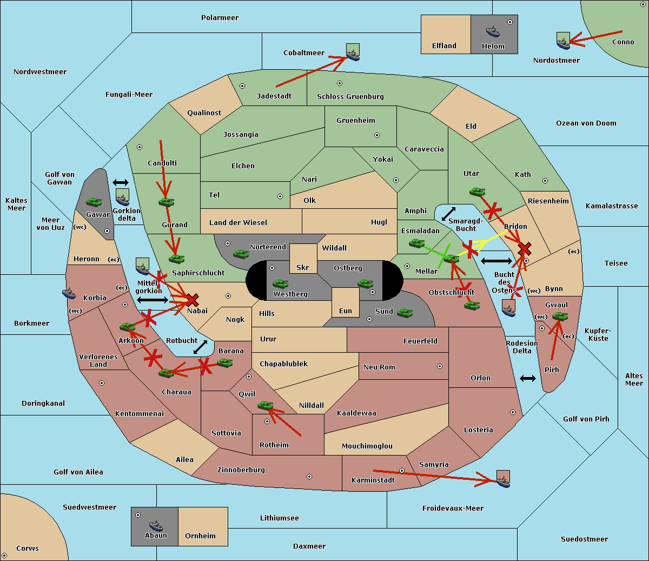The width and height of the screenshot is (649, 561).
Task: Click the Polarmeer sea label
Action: (220, 18)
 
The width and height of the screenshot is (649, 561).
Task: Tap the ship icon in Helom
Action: (492, 31)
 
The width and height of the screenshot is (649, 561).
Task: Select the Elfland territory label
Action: (444, 46)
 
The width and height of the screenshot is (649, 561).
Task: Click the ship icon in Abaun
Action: (156, 525)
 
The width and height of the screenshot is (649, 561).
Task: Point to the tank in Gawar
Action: (94, 202)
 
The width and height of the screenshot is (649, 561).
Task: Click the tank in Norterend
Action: (241, 254)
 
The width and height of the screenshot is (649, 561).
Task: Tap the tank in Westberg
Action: (280, 283)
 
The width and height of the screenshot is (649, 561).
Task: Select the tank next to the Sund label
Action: (405, 313)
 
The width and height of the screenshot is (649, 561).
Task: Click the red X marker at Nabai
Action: (192, 300)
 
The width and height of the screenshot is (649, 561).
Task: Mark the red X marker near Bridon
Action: (524, 249)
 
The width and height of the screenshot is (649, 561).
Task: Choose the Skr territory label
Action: (302, 268)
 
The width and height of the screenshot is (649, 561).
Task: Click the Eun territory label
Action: (346, 311)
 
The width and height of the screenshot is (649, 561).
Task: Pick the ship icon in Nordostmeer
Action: (563, 42)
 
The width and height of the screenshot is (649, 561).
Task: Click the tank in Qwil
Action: (265, 405)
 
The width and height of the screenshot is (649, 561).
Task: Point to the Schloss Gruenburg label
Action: (350, 97)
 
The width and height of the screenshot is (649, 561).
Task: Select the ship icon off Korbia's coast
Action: (69, 293)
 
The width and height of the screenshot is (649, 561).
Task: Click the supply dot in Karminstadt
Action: (402, 471)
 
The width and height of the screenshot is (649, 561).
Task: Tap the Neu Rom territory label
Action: (379, 367)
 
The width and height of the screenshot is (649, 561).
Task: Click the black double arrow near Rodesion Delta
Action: (528, 378)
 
